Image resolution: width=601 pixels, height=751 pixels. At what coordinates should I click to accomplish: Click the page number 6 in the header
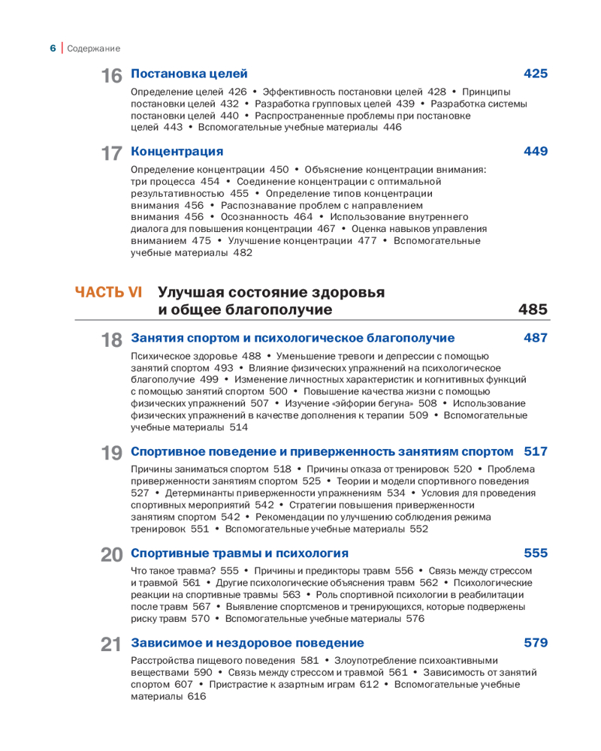tap(53, 48)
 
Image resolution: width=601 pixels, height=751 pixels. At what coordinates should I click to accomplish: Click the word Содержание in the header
tap(94, 49)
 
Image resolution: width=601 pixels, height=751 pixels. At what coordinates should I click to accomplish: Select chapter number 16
tap(111, 76)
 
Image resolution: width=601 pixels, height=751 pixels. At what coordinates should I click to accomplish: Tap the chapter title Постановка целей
tap(189, 74)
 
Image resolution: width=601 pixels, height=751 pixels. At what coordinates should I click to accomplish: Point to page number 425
tap(536, 74)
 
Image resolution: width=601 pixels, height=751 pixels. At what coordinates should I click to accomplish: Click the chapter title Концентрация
tap(177, 152)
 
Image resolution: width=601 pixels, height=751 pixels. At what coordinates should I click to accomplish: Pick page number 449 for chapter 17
tap(536, 152)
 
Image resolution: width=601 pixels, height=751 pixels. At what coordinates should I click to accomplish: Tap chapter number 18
tap(111, 340)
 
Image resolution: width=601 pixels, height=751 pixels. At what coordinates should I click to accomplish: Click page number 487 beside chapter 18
tap(536, 338)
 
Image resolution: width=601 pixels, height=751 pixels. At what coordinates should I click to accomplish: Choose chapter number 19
tap(111, 454)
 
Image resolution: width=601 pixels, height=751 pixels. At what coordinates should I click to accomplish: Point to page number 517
tap(536, 451)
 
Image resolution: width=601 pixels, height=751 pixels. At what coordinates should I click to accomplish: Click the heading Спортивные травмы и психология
tap(240, 553)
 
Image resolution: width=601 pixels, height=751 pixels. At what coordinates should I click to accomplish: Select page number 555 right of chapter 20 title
tap(536, 553)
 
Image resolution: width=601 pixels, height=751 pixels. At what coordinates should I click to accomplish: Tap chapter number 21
tap(111, 645)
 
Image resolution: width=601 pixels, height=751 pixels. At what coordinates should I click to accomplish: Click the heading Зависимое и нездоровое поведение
tap(247, 643)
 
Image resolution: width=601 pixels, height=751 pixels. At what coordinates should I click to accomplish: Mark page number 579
tap(536, 643)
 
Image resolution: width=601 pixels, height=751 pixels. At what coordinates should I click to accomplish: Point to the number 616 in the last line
tap(197, 696)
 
